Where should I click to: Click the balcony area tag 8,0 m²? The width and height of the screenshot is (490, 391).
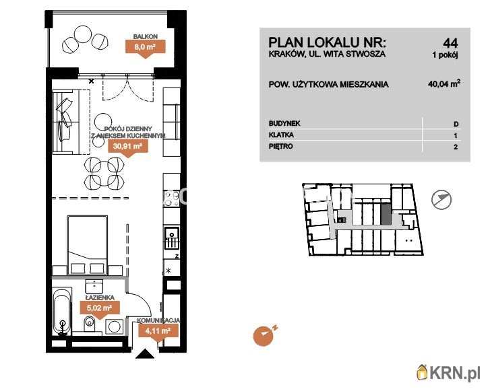[x=145, y=48]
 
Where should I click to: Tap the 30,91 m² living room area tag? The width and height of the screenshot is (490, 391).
[x=127, y=147]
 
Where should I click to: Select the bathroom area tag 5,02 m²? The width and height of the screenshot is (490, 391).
[x=99, y=308]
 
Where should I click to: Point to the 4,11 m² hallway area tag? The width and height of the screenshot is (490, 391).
[x=158, y=331]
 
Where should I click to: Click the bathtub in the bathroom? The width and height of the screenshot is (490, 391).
[x=63, y=312]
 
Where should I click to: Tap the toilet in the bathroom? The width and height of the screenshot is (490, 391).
[x=89, y=324]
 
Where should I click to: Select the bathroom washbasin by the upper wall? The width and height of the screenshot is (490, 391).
[x=94, y=286]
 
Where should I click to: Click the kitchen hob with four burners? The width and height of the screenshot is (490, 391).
[x=171, y=199]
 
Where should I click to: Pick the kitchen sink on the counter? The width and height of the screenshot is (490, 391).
[x=172, y=238]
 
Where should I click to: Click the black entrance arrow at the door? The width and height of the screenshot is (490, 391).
[x=145, y=354]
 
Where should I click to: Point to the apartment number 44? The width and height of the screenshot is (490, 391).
[x=450, y=42]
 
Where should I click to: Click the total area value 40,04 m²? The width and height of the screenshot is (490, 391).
[x=443, y=83]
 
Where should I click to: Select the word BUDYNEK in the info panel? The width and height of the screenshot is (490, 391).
[x=284, y=123]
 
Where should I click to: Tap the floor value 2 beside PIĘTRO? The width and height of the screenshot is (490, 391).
[x=456, y=147]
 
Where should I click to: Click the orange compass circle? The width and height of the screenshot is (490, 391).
[x=263, y=336]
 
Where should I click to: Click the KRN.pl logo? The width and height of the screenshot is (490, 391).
[x=448, y=373]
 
